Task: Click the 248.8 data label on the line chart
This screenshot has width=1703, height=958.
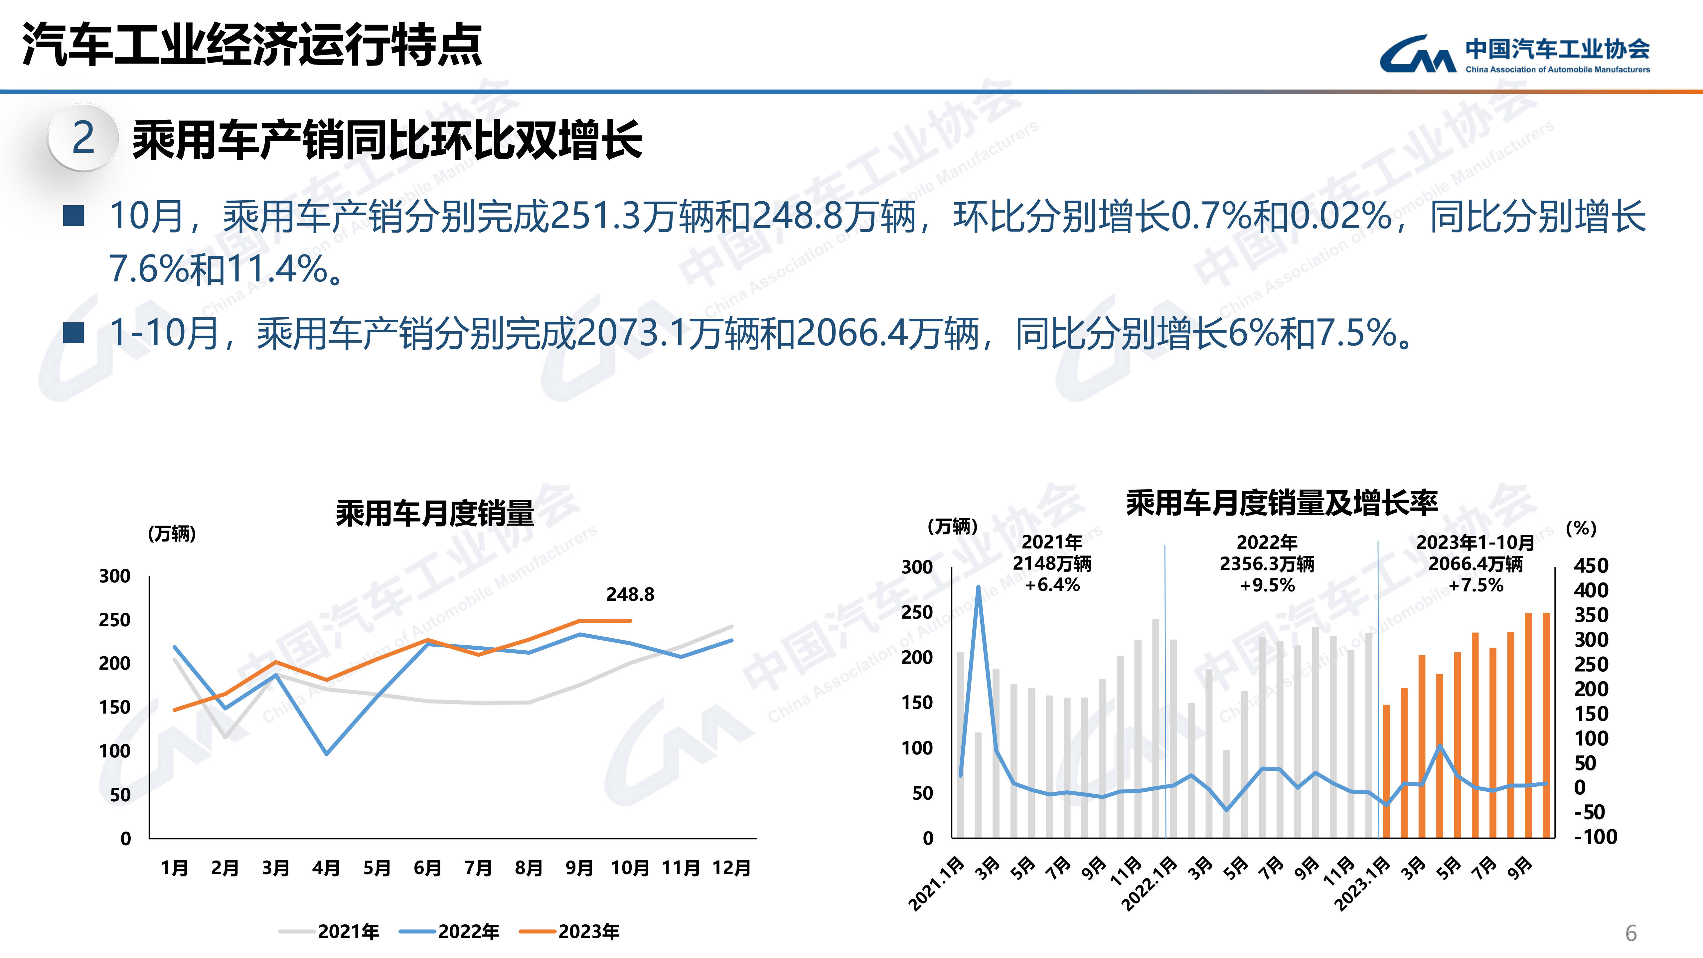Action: coord(630,594)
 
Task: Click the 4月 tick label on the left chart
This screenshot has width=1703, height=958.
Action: coord(326,868)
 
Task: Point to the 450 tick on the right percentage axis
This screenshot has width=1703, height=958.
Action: coord(1591,566)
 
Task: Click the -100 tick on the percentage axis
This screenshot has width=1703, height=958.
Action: coord(1595,837)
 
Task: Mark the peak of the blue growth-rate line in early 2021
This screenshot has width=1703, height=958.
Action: coord(979,586)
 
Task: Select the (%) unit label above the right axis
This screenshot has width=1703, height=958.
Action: coord(1581,528)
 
